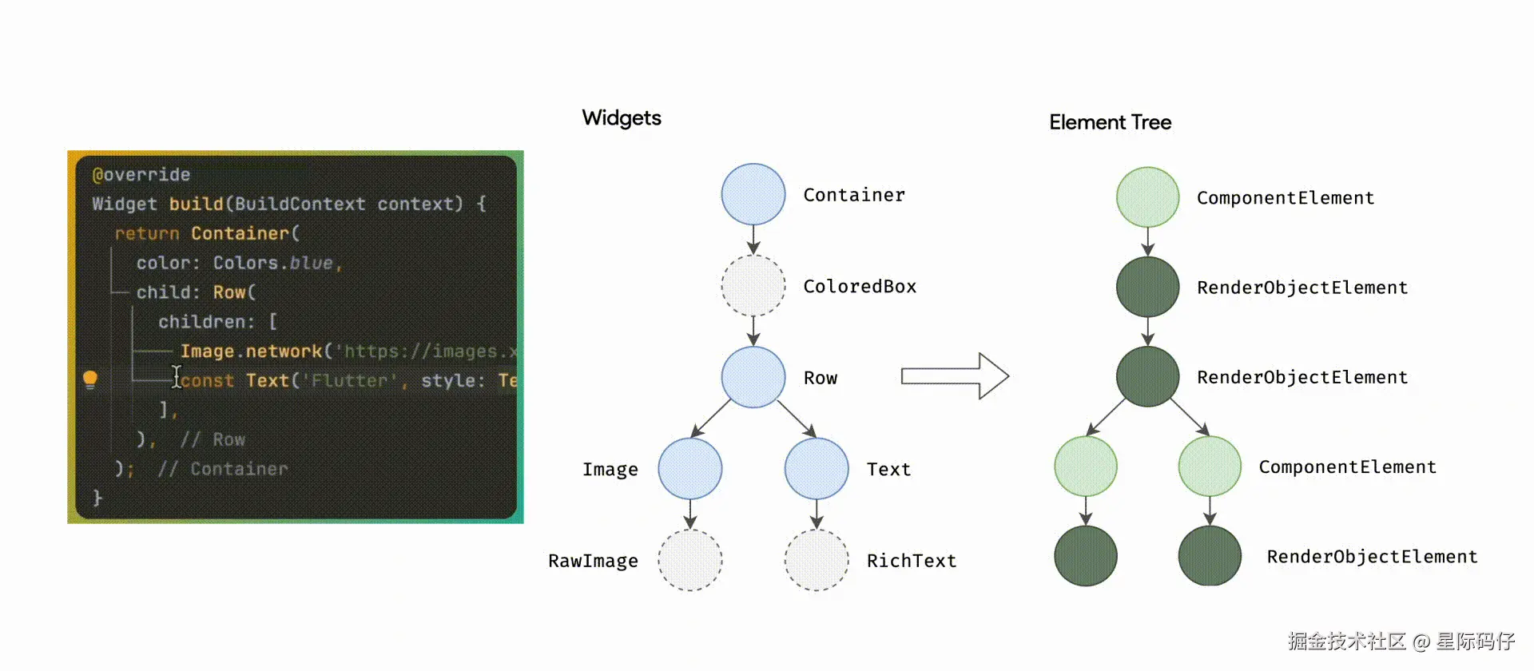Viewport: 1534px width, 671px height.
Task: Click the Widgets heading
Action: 622,118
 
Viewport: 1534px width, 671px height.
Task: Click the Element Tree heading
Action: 1110,122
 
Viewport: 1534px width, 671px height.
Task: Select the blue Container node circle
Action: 753,194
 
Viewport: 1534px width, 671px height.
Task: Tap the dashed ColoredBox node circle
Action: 753,286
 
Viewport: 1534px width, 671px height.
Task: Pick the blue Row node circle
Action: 753,377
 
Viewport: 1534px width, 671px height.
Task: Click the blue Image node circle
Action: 690,469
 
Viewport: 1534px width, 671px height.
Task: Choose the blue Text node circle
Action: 817,469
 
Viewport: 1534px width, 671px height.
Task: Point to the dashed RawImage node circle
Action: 690,560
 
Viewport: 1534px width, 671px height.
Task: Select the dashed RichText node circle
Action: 817,560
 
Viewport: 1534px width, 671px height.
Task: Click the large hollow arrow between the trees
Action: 955,375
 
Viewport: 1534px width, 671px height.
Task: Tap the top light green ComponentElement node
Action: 1147,197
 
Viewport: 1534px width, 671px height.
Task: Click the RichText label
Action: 912,561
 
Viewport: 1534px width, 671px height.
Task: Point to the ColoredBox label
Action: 860,286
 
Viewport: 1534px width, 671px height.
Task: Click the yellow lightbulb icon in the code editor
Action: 90,379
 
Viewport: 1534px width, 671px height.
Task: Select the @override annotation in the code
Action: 141,174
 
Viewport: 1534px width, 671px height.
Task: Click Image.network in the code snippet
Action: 251,351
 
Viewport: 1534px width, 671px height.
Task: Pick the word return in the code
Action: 147,233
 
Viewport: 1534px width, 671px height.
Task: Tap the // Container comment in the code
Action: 223,469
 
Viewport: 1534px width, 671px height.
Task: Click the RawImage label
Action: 593,561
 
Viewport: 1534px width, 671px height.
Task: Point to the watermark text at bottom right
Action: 1401,641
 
